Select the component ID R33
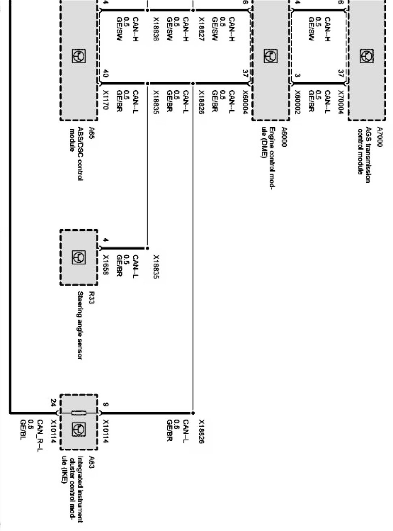(92, 297)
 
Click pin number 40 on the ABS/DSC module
(106, 74)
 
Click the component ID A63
(92, 461)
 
